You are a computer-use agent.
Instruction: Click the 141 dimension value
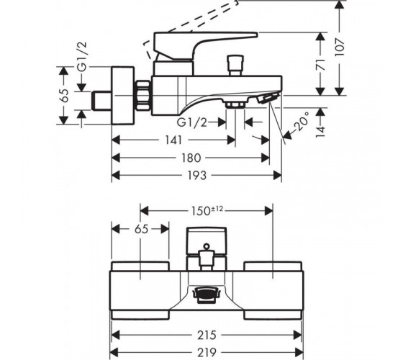(173, 140)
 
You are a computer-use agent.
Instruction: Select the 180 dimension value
(191, 158)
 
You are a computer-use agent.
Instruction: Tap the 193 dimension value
(197, 175)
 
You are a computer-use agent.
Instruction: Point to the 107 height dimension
(340, 48)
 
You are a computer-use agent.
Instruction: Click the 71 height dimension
(320, 64)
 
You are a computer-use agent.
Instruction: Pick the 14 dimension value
(320, 131)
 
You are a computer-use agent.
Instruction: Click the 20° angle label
(302, 121)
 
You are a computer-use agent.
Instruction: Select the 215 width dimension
(207, 335)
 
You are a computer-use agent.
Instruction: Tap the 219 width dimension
(207, 353)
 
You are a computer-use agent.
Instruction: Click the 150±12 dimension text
(207, 211)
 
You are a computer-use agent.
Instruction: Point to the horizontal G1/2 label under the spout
(192, 122)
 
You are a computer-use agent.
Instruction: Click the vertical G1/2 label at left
(83, 57)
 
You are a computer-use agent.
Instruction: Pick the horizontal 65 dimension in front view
(141, 229)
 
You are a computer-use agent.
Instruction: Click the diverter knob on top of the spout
(235, 66)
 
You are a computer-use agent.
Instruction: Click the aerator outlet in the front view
(207, 294)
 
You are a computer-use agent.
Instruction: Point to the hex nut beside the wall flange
(142, 95)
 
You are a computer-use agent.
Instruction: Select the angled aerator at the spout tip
(268, 98)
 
